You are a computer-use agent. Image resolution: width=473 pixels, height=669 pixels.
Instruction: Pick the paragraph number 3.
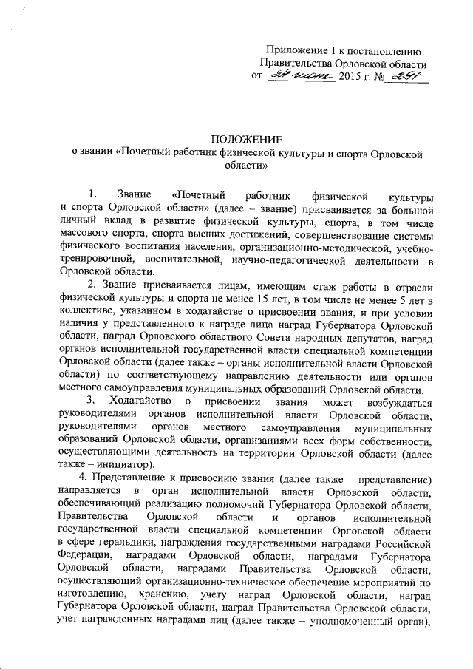click(x=90, y=402)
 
